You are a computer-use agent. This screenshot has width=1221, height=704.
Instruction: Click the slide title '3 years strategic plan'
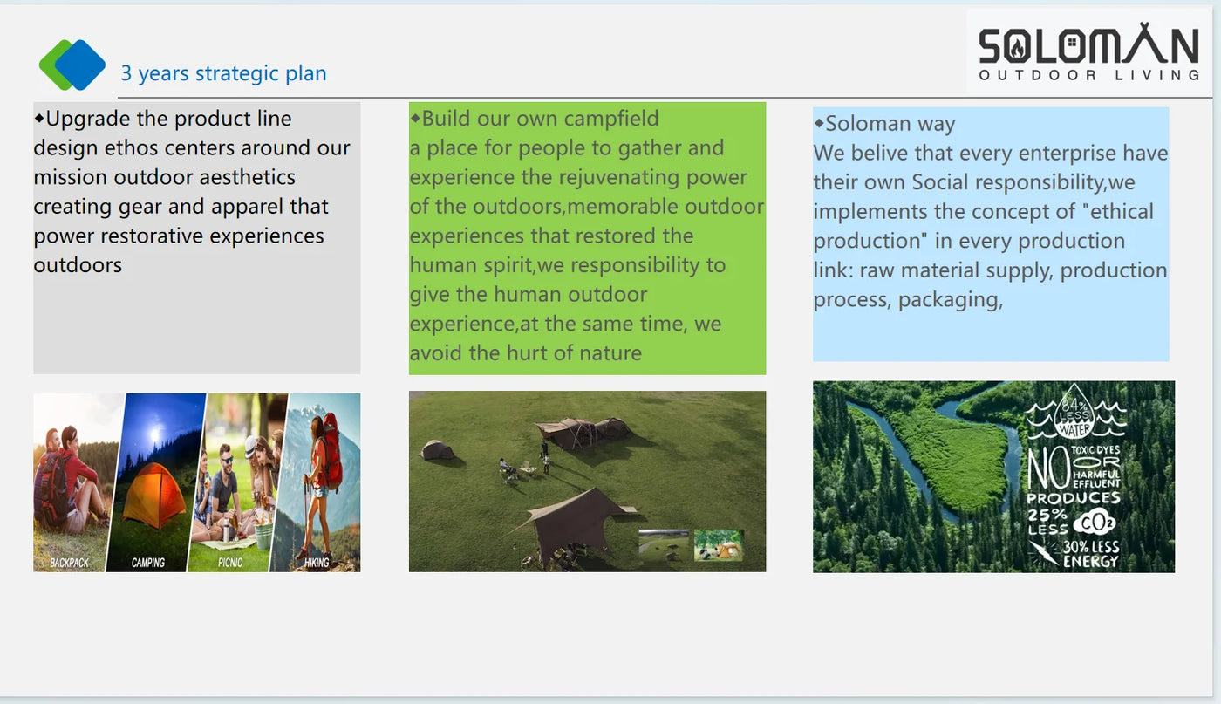pyautogui.click(x=223, y=73)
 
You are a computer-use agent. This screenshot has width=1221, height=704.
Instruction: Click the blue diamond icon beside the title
pyautogui.click(x=80, y=65)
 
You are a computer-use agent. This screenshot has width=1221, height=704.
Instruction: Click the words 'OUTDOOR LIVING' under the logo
pyautogui.click(x=1089, y=75)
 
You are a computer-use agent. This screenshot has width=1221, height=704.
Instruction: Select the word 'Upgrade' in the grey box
pyautogui.click(x=88, y=120)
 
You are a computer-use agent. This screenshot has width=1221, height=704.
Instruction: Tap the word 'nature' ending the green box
pyautogui.click(x=610, y=352)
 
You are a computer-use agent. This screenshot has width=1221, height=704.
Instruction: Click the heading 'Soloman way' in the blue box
pyautogui.click(x=890, y=124)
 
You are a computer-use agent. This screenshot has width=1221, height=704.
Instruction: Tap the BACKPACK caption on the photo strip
pyautogui.click(x=69, y=562)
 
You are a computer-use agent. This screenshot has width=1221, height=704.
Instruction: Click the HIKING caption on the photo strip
pyautogui.click(x=317, y=562)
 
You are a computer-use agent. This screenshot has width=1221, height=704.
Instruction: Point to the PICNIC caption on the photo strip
pyautogui.click(x=230, y=562)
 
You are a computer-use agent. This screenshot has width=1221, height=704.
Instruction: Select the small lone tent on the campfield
pyautogui.click(x=437, y=450)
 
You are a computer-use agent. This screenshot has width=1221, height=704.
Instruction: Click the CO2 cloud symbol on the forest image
pyautogui.click(x=1094, y=523)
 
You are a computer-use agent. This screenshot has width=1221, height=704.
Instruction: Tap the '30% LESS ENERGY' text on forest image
pyautogui.click(x=1090, y=554)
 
